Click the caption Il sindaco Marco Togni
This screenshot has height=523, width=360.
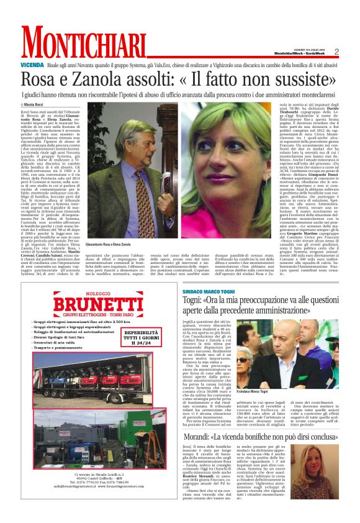tap(269, 392)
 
